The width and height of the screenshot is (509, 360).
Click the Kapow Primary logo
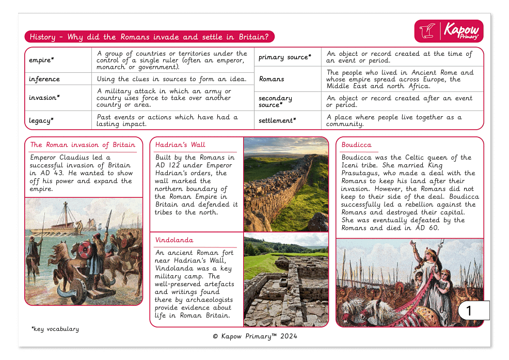pos(449,31)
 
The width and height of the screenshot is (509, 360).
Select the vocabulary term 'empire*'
pos(42,60)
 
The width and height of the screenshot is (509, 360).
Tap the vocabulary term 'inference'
pos(44,79)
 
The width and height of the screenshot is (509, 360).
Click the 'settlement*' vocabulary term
pos(277,120)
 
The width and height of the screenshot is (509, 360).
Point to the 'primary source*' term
pos(285,57)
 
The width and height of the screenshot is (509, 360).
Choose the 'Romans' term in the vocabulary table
pos(272,79)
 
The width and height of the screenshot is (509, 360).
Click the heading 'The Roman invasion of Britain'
pos(83,145)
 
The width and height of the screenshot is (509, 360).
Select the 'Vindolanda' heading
pos(174,240)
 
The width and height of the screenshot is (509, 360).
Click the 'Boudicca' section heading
pos(356,145)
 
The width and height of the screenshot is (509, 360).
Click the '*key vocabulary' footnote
pos(55,328)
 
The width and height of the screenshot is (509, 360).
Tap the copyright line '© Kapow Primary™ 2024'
pos(255,336)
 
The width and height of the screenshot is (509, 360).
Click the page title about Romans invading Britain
pos(149,37)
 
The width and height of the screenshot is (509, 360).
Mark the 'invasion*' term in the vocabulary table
pos(44,98)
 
